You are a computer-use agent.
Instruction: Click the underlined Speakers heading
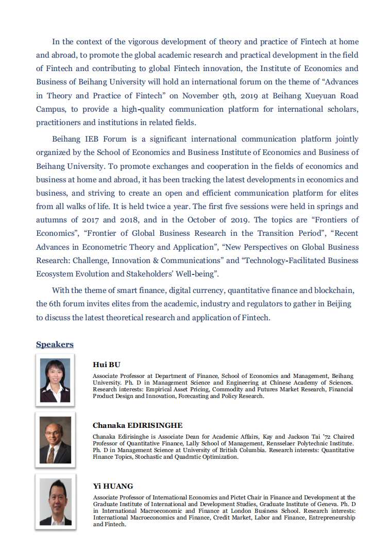pos(55,344)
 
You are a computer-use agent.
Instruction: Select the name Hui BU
pos(106,365)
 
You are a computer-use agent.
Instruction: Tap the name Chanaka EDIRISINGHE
pos(138,425)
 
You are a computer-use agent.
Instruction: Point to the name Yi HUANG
pos(113,486)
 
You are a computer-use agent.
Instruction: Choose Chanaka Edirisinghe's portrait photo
pos(55,440)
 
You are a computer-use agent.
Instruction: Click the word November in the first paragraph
pos(201,96)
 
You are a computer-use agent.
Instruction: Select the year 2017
pos(83,220)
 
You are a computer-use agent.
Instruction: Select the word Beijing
pos(338,304)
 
